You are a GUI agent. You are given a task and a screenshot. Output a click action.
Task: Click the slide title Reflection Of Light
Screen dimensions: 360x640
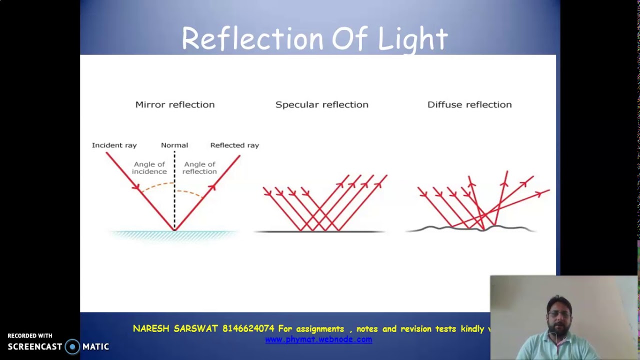(x=314, y=39)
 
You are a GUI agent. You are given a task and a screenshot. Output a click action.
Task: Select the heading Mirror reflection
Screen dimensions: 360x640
(x=174, y=104)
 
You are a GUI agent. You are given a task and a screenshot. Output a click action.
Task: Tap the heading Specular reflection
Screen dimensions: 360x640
(x=321, y=104)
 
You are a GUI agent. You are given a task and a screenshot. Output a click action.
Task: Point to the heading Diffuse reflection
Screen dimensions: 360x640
(x=469, y=104)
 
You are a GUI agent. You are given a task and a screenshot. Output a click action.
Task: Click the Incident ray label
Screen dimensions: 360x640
(x=114, y=145)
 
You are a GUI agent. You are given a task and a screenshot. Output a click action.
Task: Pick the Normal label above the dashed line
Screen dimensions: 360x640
(x=174, y=145)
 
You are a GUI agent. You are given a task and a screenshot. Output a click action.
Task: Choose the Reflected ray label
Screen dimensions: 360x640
(x=234, y=145)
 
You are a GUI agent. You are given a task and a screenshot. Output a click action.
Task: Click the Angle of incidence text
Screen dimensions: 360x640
(x=149, y=168)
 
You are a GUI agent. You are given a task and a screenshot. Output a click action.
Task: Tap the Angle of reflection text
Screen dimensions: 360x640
(x=199, y=168)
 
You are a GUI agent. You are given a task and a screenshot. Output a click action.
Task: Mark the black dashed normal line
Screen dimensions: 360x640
(x=174, y=200)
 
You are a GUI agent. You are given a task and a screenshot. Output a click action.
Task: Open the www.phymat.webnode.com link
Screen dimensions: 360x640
(x=318, y=339)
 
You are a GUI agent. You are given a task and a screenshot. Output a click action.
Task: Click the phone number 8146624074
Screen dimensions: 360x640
(x=248, y=329)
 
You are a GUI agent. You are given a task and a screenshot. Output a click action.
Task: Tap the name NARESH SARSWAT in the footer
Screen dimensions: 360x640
(x=175, y=329)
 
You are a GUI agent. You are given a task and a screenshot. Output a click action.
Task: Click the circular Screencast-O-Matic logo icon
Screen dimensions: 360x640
(x=72, y=346)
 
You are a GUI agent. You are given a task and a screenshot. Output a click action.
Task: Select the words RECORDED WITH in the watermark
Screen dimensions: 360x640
(x=30, y=336)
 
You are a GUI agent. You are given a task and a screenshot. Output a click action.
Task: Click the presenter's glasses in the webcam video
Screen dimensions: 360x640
(x=558, y=314)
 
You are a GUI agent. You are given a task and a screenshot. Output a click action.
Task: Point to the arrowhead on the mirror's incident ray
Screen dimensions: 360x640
(x=135, y=187)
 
